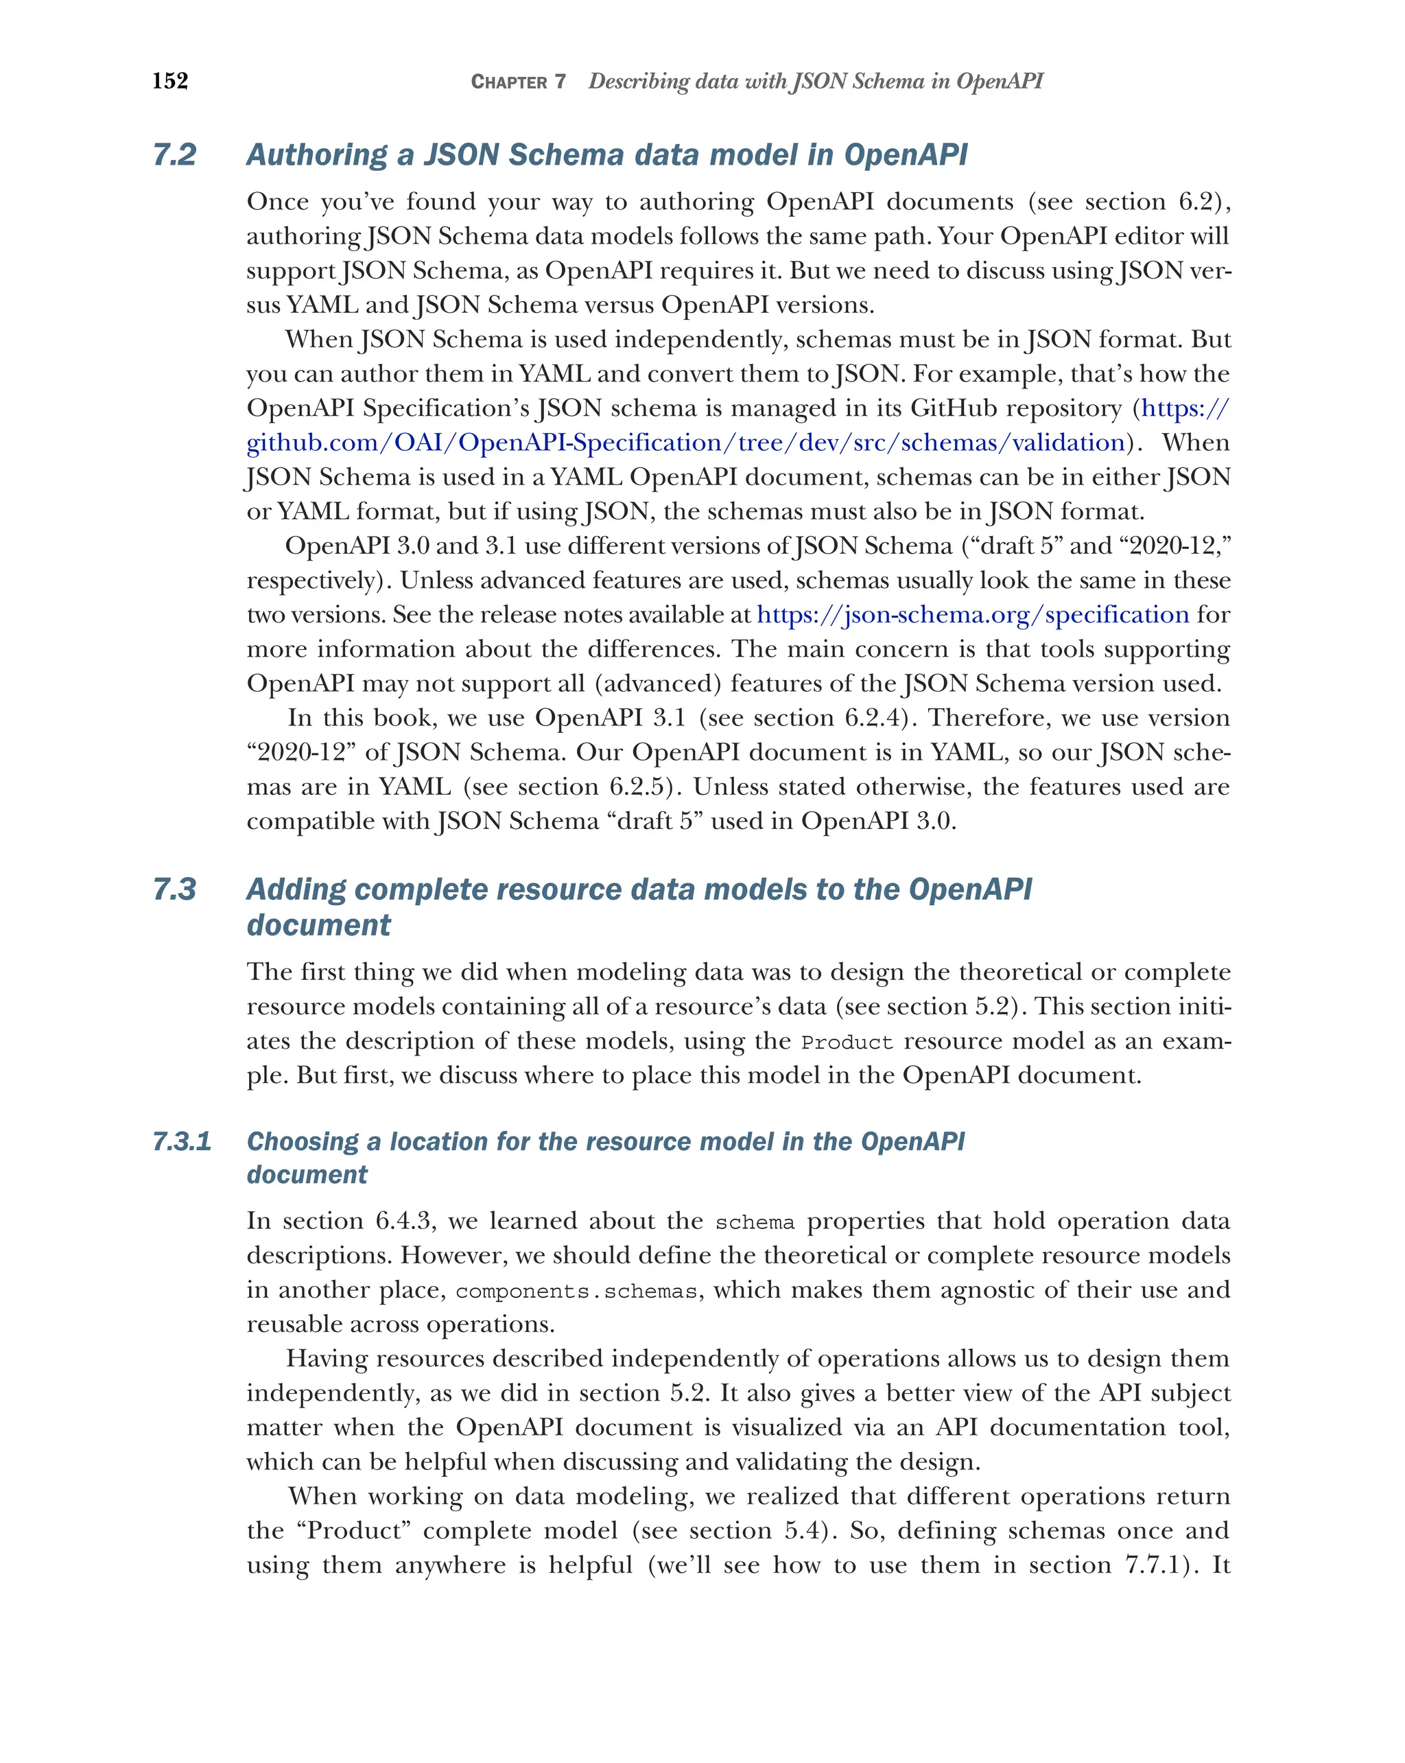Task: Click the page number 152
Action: click(x=170, y=81)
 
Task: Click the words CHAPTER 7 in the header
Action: click(x=518, y=82)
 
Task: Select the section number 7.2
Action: click(x=175, y=154)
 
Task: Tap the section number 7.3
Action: click(x=175, y=889)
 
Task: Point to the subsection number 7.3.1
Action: click(x=181, y=1141)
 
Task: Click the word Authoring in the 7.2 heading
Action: click(x=317, y=154)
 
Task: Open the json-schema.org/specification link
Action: click(x=973, y=614)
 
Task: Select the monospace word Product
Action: click(x=847, y=1042)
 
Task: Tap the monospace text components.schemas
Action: click(x=577, y=1291)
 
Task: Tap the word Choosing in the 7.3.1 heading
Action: click(x=303, y=1141)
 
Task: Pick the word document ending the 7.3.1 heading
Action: click(x=307, y=1174)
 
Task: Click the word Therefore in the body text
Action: click(x=987, y=717)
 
